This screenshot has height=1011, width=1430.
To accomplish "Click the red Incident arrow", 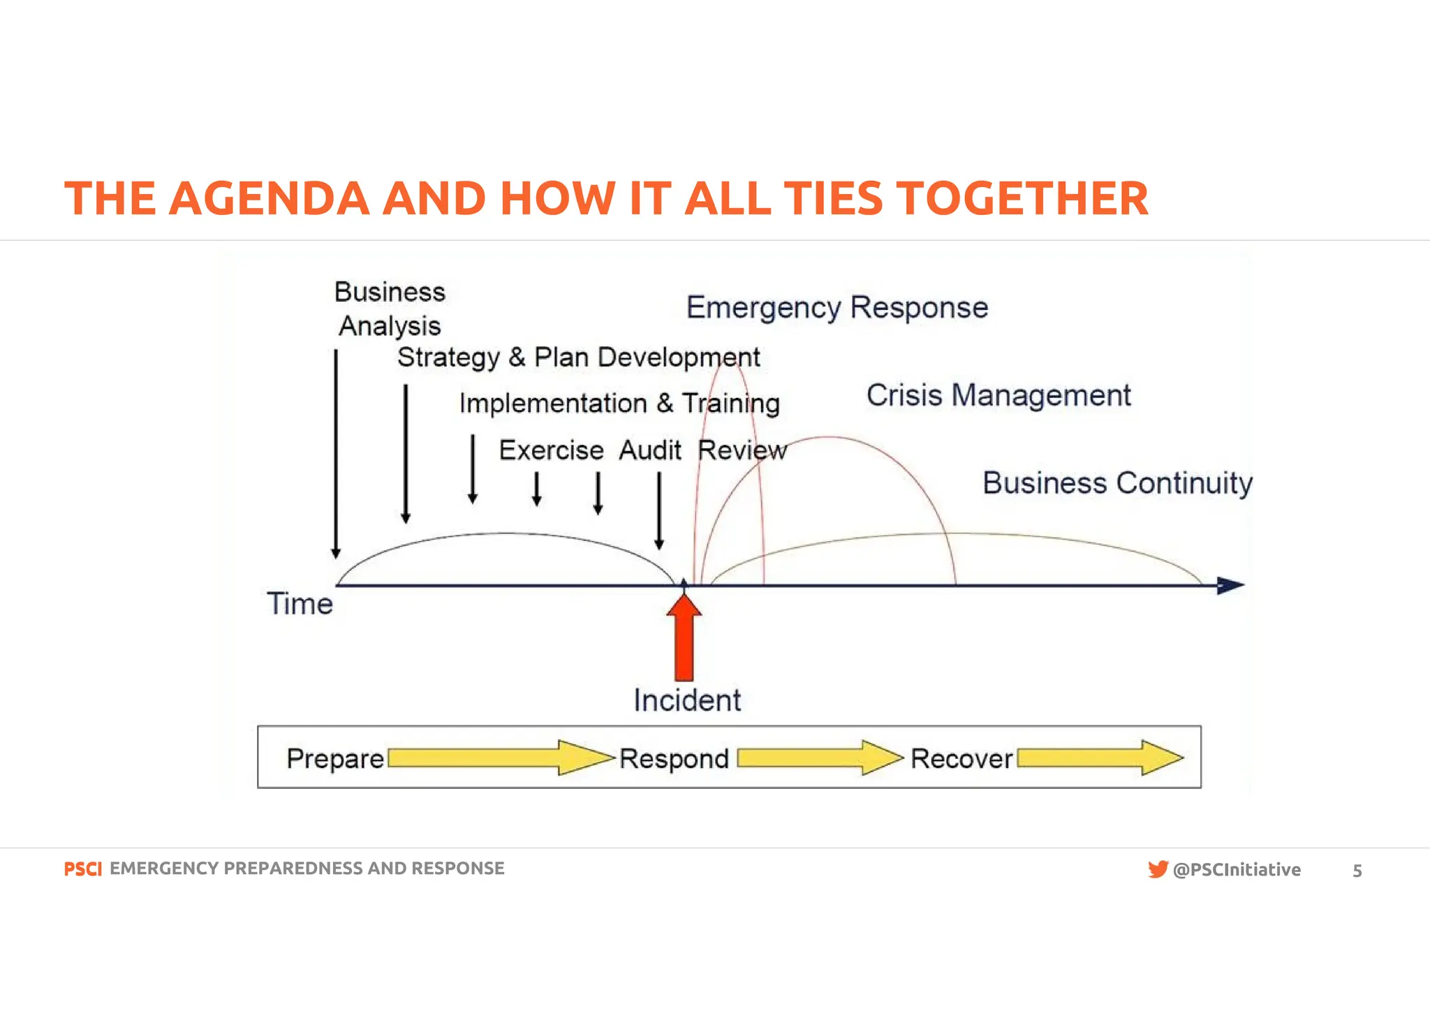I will (x=684, y=639).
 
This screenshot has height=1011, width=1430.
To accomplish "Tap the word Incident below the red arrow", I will (x=687, y=700).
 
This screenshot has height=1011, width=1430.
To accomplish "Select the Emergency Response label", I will (x=837, y=308).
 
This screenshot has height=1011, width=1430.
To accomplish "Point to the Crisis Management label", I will (x=998, y=396).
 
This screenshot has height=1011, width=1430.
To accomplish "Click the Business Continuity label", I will (x=1117, y=483).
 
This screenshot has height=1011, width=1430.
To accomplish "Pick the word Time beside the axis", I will (x=300, y=604).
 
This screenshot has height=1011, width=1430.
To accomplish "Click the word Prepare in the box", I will (x=335, y=758).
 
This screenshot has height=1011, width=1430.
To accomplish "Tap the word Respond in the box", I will (x=674, y=758).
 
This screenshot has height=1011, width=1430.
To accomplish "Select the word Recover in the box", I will (x=961, y=758).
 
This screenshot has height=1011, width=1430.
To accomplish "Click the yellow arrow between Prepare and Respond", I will (x=499, y=758).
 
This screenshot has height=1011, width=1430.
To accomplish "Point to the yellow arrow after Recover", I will (x=1100, y=758).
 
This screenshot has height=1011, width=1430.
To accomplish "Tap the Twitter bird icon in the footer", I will (x=1158, y=869).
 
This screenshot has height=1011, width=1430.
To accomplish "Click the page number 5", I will (x=1357, y=871).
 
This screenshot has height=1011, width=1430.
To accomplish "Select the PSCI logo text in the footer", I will (x=82, y=869).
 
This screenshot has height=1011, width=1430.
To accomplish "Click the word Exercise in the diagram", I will (x=551, y=451).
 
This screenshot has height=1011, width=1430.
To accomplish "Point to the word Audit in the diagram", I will (x=650, y=451).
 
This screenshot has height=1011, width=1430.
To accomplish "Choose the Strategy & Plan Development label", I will (x=578, y=357).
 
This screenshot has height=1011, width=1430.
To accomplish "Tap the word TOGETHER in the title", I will (x=1022, y=199).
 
